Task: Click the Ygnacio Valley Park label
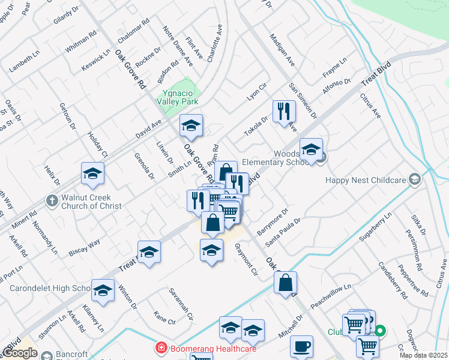pos(181,97)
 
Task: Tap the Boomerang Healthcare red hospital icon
pos(160,348)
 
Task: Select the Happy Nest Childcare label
pos(366,180)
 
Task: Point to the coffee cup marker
pos(301,346)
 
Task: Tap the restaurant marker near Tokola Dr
pos(283,112)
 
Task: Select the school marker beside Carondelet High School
pos(103,290)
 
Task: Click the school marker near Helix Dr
pos(93,173)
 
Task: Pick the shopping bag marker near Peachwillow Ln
pos(286,283)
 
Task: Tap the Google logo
pos(20,353)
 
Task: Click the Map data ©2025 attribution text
pos(423,355)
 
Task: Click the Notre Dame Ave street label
pos(178,46)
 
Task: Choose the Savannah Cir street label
pos(183,304)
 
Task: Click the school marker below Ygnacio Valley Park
pos(191,125)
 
